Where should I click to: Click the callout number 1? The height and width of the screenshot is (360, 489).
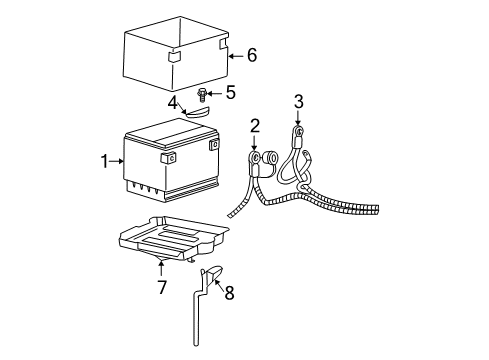(x=105, y=159)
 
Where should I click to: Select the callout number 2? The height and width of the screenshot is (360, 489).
(x=255, y=125)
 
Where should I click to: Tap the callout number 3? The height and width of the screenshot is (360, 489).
(x=298, y=100)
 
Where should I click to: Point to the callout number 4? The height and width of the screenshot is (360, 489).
(x=173, y=102)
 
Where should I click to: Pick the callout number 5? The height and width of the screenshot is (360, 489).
(x=230, y=94)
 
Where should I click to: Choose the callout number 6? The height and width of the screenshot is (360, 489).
(x=251, y=55)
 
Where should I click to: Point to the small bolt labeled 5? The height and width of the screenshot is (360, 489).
(x=203, y=96)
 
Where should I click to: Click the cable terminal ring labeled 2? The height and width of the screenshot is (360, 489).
(x=256, y=157)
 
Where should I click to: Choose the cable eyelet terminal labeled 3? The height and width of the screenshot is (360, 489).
(x=298, y=130)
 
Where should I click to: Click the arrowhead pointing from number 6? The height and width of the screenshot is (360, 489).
(x=231, y=56)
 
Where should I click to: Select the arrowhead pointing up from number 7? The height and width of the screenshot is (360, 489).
(x=160, y=264)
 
